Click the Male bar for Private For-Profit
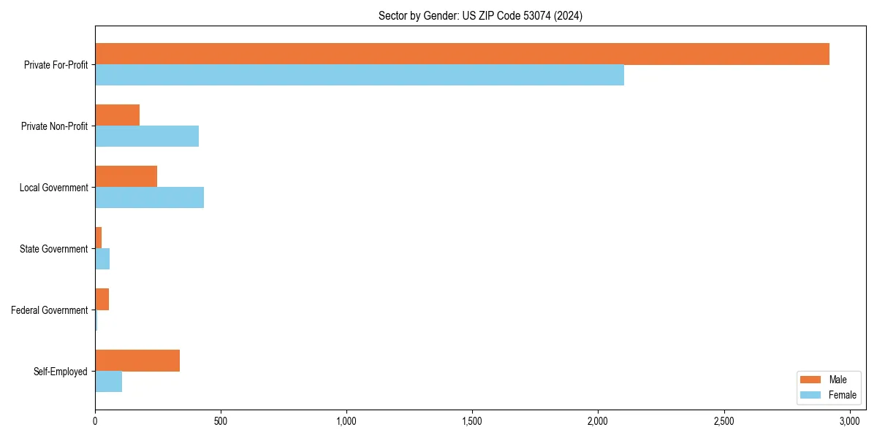[462, 54]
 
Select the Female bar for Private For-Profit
[360, 75]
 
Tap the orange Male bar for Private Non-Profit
[117, 115]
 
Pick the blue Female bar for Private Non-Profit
[147, 137]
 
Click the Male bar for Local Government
[126, 177]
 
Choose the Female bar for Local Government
[149, 198]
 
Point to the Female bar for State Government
[102, 259]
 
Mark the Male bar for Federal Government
[102, 299]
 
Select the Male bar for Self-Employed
[137, 361]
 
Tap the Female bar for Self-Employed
[108, 382]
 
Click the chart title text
[480, 16]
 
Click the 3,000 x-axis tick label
[849, 421]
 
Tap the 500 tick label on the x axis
[221, 421]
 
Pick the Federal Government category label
[50, 310]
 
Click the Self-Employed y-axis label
[61, 372]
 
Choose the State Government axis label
[54, 249]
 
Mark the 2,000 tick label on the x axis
[598, 421]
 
